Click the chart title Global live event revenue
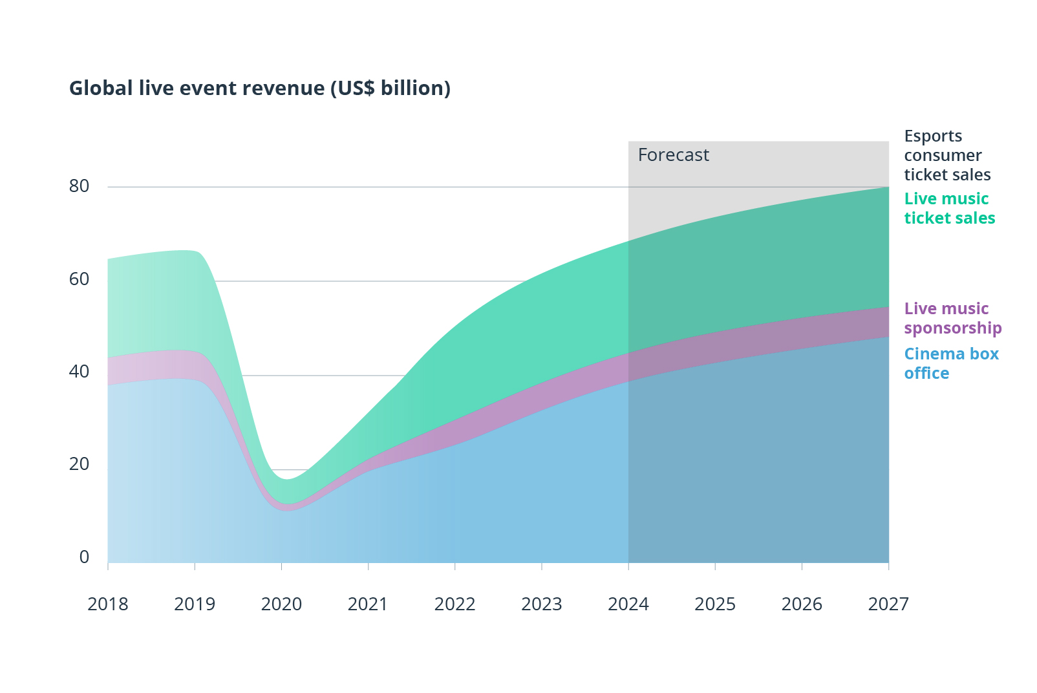pos(259,88)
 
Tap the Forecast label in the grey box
pos(673,155)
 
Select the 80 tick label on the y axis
pos(79,186)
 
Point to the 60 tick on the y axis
pos(79,279)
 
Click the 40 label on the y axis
pos(79,372)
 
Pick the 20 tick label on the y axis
pos(79,464)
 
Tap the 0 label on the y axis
pos(84,557)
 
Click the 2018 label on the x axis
pos(108,604)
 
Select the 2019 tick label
pos(195,604)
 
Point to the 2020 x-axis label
pos(281,604)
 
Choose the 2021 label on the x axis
pos(368,604)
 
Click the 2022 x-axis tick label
pos(454,604)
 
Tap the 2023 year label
pos(542,604)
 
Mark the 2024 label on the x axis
pos(628,604)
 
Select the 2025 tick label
pos(715,604)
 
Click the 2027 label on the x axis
pos(888,604)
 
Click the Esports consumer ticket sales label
pos(946,156)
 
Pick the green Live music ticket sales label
pos(949,208)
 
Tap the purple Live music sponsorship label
pos(952,318)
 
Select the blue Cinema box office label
pos(950,363)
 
